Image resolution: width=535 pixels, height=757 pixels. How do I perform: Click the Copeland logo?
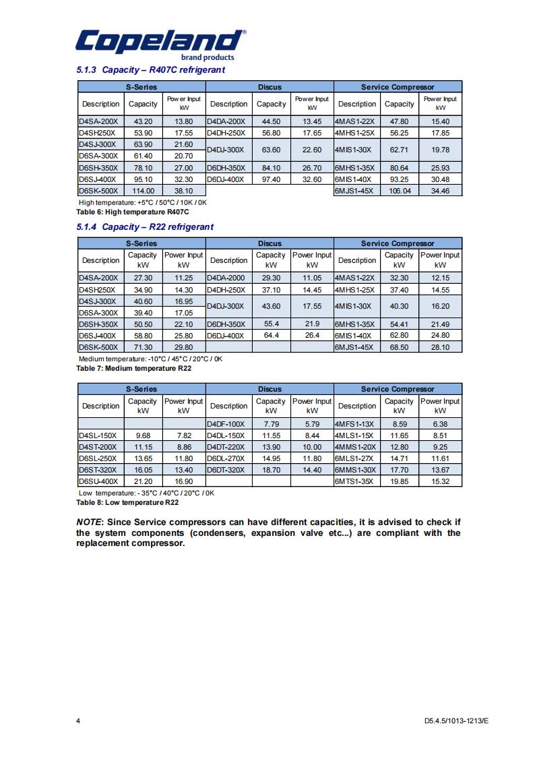(x=160, y=44)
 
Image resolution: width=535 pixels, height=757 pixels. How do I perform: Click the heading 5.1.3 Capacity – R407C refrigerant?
(x=150, y=70)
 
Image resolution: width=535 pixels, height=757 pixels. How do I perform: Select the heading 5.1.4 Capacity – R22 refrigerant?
(x=145, y=226)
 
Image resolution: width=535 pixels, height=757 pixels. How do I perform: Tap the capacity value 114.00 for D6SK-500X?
(x=143, y=191)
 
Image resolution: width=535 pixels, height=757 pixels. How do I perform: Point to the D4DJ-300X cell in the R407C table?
(x=226, y=150)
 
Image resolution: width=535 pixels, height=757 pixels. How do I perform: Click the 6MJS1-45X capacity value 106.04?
(x=399, y=191)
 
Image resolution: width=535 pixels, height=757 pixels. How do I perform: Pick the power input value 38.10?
(x=184, y=191)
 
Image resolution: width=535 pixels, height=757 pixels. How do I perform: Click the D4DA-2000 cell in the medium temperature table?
(x=227, y=278)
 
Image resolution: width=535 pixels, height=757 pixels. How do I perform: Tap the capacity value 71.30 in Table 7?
(x=143, y=347)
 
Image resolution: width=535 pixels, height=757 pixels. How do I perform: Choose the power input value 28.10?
(x=440, y=347)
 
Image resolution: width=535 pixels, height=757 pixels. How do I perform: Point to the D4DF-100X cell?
(x=227, y=424)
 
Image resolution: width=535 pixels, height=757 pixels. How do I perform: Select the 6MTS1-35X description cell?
(x=354, y=481)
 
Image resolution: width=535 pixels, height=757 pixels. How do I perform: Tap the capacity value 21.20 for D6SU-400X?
(x=143, y=481)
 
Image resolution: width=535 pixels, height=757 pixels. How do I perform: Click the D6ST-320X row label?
(x=98, y=470)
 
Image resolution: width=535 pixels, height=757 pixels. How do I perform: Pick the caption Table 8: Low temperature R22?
(x=127, y=502)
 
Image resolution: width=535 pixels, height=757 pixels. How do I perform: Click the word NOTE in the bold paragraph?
(x=89, y=522)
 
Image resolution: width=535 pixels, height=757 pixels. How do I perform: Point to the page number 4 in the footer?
(x=78, y=721)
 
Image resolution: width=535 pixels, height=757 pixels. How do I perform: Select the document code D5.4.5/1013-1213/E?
(x=456, y=721)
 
